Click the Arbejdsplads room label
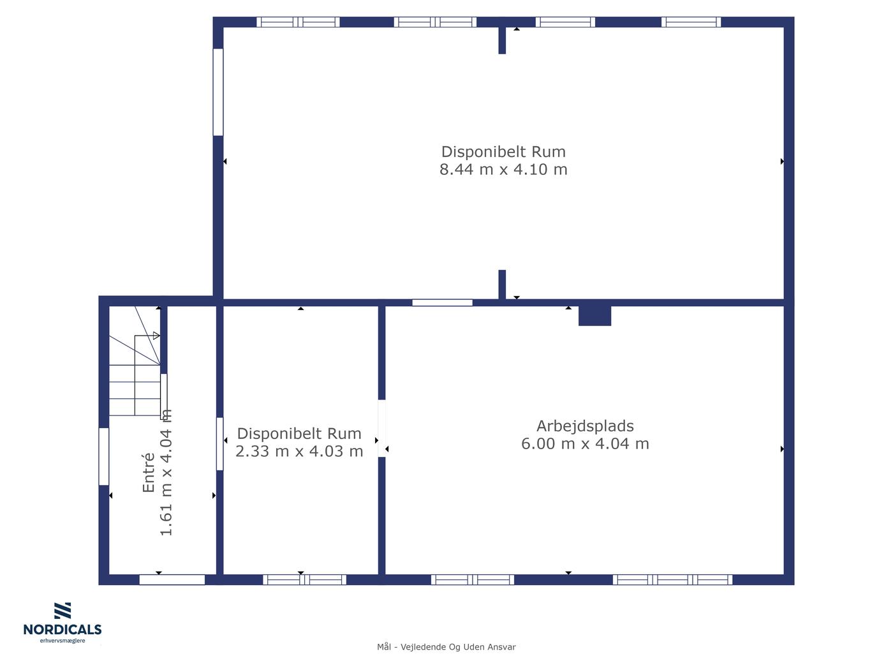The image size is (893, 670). pos(585,426)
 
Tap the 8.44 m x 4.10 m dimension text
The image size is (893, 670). pos(503,169)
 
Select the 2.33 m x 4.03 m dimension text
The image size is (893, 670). pos(299,451)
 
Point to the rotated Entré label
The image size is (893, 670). pos(149,473)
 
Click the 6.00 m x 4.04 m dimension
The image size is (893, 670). pos(585,443)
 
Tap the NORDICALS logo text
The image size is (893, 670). pos(63,629)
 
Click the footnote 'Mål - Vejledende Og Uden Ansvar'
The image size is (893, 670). pos(447,647)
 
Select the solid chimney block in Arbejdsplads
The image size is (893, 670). pos(594,316)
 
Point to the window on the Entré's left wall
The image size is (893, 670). pos(104,456)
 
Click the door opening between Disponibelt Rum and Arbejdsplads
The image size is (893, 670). pos(381,428)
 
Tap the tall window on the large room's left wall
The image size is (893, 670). pos(218,92)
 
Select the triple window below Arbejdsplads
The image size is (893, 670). pos(672,579)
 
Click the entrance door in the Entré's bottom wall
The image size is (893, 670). pos(172,579)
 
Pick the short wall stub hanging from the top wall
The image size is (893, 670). pos(502,40)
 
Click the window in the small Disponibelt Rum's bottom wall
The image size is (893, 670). pos(304,579)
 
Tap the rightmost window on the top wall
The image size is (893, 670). pos(691,22)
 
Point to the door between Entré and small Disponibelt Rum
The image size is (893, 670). pos(219,444)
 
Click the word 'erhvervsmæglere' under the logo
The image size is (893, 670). pos(63,641)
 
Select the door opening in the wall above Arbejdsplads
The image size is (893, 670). pos(442,302)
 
